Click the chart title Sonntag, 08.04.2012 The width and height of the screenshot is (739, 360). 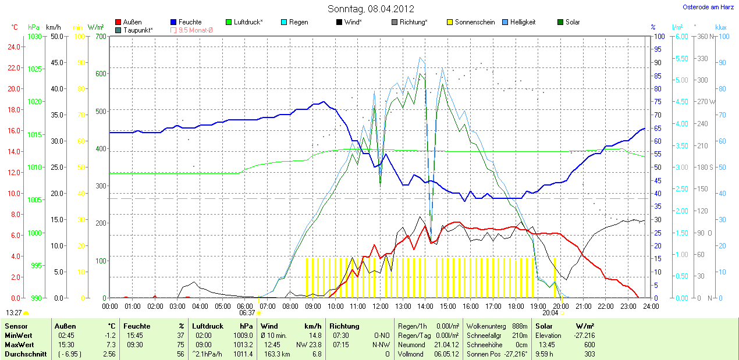(x=371, y=9)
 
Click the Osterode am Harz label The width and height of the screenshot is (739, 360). (x=708, y=7)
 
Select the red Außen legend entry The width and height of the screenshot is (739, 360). (x=129, y=22)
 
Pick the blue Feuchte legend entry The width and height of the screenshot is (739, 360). (x=186, y=22)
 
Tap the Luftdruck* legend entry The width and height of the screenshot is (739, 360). (x=244, y=22)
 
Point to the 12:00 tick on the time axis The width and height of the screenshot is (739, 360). (x=380, y=306)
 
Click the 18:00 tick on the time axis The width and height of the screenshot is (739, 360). (x=516, y=306)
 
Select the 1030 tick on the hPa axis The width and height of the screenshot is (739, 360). (x=35, y=37)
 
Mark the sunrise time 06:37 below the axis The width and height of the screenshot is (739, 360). (x=247, y=312)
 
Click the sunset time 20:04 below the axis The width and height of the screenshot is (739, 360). (x=550, y=312)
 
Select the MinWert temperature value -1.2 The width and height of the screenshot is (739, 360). (x=110, y=336)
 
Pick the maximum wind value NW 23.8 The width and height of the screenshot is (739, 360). (x=310, y=344)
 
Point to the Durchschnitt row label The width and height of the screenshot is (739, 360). (x=26, y=354)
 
